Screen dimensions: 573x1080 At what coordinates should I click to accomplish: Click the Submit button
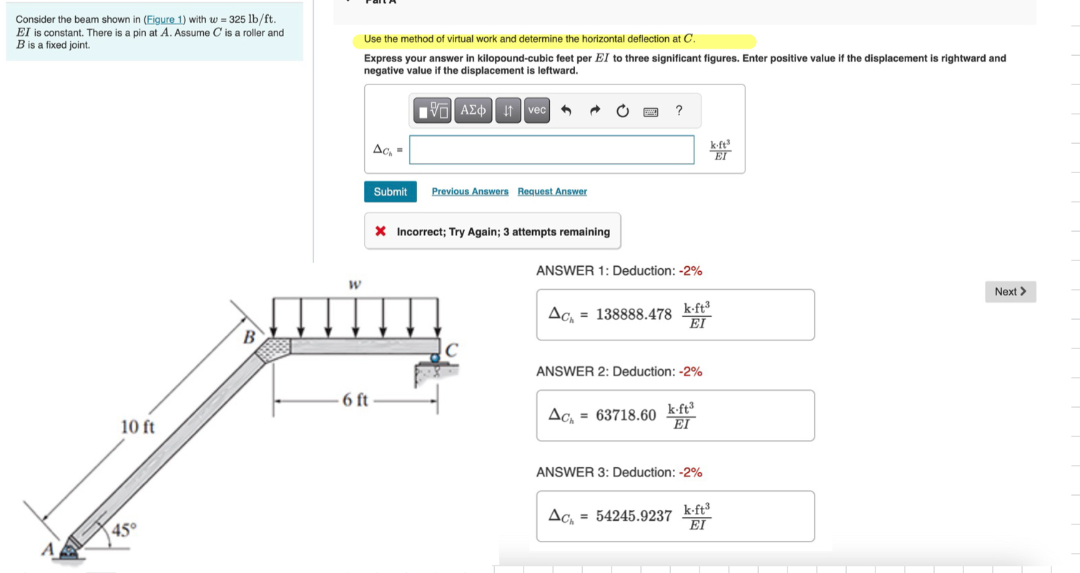pos(390,192)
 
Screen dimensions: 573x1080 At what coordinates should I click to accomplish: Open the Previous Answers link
pos(470,192)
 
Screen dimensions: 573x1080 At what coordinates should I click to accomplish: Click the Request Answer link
pos(552,192)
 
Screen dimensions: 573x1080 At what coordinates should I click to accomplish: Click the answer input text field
pos(551,150)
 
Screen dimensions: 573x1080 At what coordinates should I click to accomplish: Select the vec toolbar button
pos(536,110)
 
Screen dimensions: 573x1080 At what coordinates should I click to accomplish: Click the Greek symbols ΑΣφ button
pos(473,110)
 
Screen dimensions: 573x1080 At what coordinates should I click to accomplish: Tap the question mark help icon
pos(679,110)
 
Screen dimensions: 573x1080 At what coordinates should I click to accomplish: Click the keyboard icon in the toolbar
pos(650,111)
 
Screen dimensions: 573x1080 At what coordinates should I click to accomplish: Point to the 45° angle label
pos(122,530)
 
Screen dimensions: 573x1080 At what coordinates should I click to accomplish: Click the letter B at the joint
pos(250,336)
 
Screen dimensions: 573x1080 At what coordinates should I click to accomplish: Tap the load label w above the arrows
pos(353,284)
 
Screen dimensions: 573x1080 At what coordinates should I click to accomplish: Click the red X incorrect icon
pos(381,232)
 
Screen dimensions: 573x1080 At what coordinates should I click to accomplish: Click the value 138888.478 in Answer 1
pos(634,314)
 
